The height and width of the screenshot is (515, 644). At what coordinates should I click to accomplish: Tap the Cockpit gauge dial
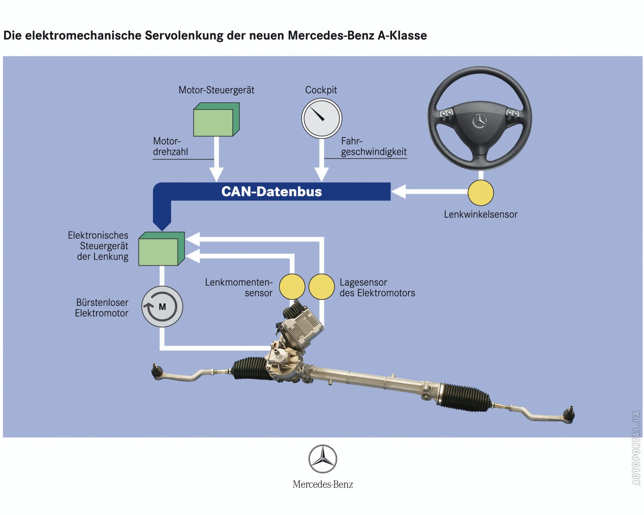(x=321, y=119)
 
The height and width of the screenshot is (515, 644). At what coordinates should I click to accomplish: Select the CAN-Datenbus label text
(x=271, y=192)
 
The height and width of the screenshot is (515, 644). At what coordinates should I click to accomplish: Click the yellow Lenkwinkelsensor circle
(x=480, y=193)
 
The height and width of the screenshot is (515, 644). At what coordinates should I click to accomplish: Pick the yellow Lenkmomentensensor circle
(x=292, y=287)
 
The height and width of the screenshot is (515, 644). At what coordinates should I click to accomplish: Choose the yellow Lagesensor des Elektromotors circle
(x=321, y=287)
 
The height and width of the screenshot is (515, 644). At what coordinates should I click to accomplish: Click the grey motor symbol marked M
(x=162, y=307)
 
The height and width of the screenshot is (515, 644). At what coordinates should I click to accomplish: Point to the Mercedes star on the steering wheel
(x=479, y=121)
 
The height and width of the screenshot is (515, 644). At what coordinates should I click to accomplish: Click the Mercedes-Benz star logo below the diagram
(x=323, y=459)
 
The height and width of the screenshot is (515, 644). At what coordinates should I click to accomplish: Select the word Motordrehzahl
(x=170, y=146)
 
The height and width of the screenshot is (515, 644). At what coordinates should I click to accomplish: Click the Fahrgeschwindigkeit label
(x=373, y=146)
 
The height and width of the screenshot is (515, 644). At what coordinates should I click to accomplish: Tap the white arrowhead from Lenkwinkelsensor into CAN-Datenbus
(x=399, y=192)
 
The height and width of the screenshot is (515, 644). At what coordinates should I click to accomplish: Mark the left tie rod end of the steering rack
(x=157, y=371)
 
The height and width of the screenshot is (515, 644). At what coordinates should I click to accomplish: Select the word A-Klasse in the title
(x=402, y=36)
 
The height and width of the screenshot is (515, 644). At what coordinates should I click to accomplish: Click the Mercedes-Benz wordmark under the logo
(x=323, y=484)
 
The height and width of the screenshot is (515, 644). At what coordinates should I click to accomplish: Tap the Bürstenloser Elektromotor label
(x=102, y=308)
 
